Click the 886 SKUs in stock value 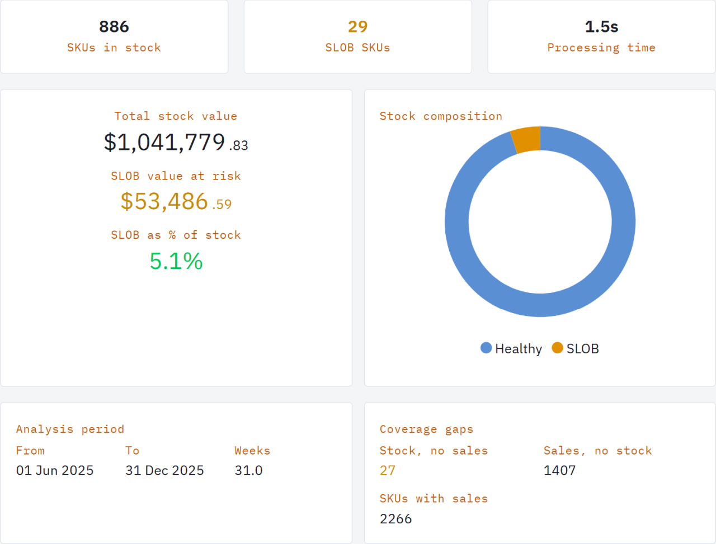[x=114, y=27]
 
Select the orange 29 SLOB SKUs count [x=357, y=27]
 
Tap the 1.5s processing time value [x=601, y=27]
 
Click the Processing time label [x=601, y=48]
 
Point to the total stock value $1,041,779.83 [x=176, y=143]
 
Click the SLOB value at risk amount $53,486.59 [x=176, y=202]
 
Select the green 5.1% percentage [x=176, y=261]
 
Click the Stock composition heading [x=441, y=116]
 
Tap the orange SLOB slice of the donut [x=526, y=140]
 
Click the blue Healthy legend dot [x=486, y=348]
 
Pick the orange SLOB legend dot [x=557, y=348]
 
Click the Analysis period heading [x=70, y=429]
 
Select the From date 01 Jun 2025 [x=55, y=471]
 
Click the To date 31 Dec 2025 [x=164, y=471]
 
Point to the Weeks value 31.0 [x=248, y=471]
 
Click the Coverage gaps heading [x=426, y=429]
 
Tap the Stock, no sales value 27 [x=388, y=471]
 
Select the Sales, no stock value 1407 [x=559, y=471]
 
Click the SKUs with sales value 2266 [x=395, y=519]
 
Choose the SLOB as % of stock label [x=176, y=235]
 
